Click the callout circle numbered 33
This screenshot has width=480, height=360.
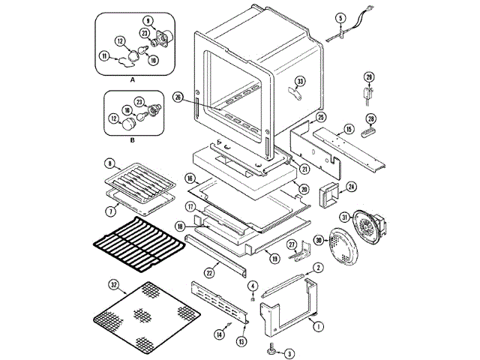(x=300, y=82)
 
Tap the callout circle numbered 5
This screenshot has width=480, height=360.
(x=340, y=18)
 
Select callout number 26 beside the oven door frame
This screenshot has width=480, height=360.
(x=178, y=97)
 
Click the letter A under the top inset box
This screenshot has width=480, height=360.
(x=132, y=80)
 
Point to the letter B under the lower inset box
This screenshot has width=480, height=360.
(x=132, y=140)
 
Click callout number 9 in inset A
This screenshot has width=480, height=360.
(x=148, y=21)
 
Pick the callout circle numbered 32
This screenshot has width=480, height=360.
(x=114, y=285)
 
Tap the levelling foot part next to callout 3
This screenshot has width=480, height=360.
(x=271, y=347)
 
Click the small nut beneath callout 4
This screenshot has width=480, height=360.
(x=253, y=299)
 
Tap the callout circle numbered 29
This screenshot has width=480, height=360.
(x=369, y=77)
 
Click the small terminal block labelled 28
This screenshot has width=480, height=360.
(x=369, y=133)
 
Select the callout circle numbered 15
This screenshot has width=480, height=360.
(x=349, y=129)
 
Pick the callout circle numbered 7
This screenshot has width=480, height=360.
(x=111, y=211)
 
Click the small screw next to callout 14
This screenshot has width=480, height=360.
(x=228, y=325)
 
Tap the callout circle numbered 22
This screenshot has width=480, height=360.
(x=209, y=273)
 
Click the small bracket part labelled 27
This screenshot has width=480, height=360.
(x=300, y=252)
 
